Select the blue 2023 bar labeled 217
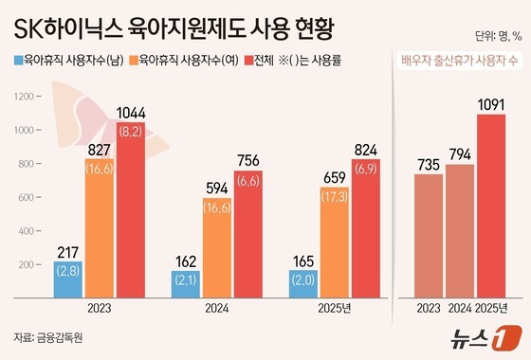click(x=68, y=279)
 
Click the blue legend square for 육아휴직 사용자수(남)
click(x=19, y=61)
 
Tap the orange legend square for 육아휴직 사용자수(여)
click(x=136, y=61)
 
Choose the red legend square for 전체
click(x=250, y=61)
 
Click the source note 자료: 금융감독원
click(x=46, y=337)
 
